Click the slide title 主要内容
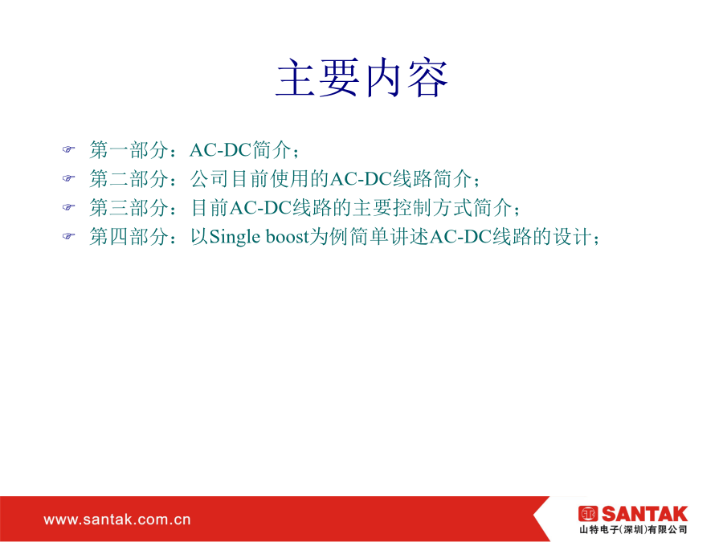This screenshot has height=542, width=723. pos(362,78)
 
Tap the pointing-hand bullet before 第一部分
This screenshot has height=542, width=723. pos(68,149)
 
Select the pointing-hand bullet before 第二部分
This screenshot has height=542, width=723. pos(68,178)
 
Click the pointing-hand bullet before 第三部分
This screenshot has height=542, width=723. pos(68,207)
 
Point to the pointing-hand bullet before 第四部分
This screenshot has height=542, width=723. pos(68,236)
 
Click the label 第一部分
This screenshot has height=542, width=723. pos(129,150)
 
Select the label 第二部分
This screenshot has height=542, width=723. pos(129,179)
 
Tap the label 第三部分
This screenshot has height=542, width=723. pos(129,208)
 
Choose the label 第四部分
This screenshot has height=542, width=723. pos(129,237)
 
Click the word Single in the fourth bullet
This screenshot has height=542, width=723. pos(235,238)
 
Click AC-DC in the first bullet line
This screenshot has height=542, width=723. pos(220,150)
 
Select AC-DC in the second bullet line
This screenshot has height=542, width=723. pos(361,179)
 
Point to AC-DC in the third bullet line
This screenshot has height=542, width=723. pos(260,208)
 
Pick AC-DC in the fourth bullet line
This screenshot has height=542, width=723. pos(460,238)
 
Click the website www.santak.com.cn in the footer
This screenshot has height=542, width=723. pos(117,520)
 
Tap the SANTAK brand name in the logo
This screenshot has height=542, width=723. pos(644,514)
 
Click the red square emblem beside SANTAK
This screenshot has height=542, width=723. pos(588,514)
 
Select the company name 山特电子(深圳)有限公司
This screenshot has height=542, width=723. pos(634,530)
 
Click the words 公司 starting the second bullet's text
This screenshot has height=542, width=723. pos(210,179)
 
